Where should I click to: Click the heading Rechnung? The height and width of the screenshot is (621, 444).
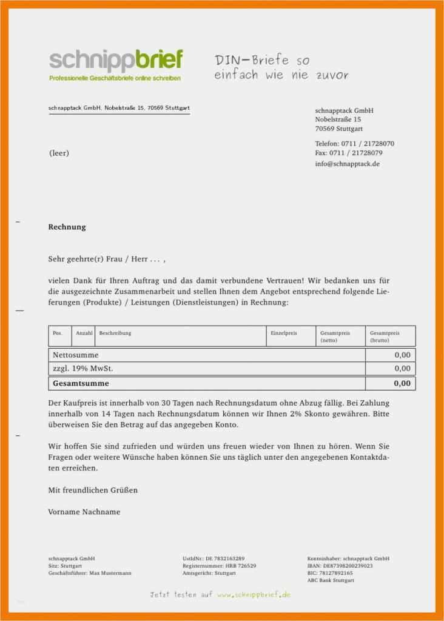click(67, 227)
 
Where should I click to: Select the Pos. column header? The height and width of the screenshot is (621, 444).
click(58, 334)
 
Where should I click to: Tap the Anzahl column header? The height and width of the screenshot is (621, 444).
click(84, 334)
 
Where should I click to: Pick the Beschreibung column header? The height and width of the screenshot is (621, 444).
click(115, 334)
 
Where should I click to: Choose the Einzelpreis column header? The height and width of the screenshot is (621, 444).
click(284, 334)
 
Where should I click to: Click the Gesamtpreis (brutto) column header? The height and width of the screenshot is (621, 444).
click(385, 337)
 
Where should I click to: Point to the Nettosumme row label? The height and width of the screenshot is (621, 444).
click(75, 355)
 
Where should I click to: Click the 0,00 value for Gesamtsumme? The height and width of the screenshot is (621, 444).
click(402, 383)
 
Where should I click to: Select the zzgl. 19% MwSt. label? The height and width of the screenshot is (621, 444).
click(83, 368)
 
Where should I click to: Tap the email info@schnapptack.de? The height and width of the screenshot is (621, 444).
click(348, 164)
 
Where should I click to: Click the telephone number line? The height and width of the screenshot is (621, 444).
click(354, 144)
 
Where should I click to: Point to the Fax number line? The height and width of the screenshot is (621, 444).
click(348, 153)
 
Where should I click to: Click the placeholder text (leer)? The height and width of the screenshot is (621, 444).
click(59, 153)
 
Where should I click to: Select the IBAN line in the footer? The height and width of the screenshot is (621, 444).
click(340, 566)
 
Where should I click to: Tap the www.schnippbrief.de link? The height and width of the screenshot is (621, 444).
click(254, 595)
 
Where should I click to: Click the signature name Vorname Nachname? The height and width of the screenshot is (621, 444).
click(84, 512)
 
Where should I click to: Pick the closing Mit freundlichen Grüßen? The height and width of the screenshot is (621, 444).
click(93, 489)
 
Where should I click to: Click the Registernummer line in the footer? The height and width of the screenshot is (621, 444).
click(219, 566)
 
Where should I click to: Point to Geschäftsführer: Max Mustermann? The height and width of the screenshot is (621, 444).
click(89, 573)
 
